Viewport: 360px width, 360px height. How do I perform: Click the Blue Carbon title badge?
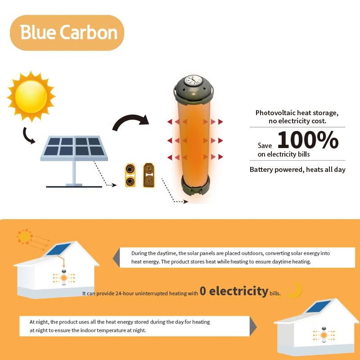pos(67,32)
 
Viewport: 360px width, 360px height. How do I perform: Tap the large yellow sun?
pos(31,96)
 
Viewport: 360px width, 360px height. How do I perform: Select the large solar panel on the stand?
pos(74,161)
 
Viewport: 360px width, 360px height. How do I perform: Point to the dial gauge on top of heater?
pos(193,81)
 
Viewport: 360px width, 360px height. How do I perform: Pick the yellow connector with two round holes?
pos(130,175)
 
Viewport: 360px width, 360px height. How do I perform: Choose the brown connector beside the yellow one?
pos(149,175)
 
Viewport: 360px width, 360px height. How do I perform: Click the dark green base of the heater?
pos(195,185)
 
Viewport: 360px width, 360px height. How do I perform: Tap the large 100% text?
pos(308,140)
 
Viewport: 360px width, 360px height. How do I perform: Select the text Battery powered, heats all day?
pos(297,170)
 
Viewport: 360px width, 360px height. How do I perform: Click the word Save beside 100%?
pos(265,145)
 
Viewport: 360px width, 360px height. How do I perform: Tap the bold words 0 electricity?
pos(234,291)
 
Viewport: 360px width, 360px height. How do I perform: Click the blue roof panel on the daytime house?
pos(58,249)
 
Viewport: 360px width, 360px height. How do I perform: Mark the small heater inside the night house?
pos(324,335)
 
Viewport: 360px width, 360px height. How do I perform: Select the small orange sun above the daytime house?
pos(25,237)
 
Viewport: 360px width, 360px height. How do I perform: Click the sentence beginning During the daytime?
pos(230,257)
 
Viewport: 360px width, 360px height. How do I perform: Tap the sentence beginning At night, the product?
pos(120,326)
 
